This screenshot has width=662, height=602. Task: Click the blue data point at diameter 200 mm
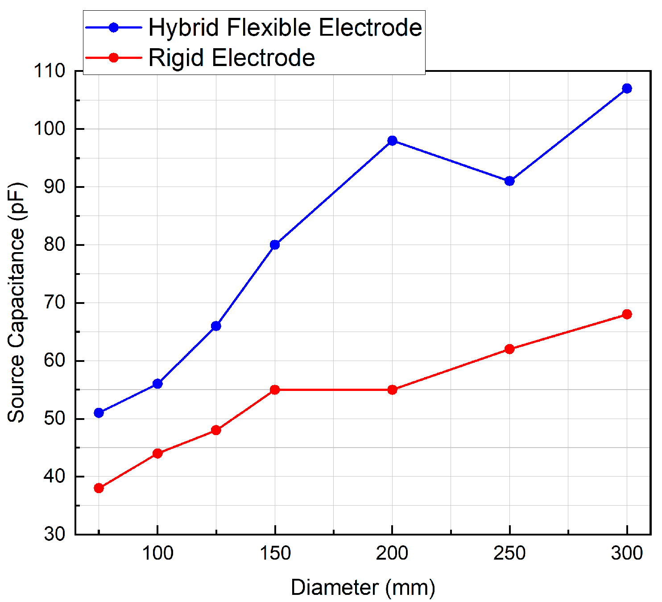point(392,141)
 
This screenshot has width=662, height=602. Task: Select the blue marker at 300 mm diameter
point(627,88)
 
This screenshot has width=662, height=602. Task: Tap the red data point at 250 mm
point(509,349)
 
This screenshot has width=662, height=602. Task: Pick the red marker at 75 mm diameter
point(99,488)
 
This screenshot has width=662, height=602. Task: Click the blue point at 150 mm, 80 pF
point(275,245)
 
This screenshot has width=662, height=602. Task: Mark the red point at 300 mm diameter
point(627,314)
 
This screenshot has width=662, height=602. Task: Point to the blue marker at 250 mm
point(509,181)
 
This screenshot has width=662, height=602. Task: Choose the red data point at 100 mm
point(157,453)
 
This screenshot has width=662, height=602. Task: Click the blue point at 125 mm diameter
point(216,326)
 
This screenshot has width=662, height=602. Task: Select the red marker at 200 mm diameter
point(392,390)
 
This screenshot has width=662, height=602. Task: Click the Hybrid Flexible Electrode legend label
point(285,28)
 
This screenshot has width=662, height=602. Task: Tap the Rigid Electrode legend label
point(232,58)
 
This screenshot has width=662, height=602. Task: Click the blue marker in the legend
point(114,28)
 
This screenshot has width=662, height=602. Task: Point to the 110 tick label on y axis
point(49,71)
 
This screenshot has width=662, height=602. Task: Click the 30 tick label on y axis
point(54,534)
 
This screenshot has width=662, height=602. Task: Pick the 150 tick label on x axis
point(275,553)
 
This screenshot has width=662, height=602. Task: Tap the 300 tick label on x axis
point(627,553)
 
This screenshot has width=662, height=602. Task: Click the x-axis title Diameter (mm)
point(363,587)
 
